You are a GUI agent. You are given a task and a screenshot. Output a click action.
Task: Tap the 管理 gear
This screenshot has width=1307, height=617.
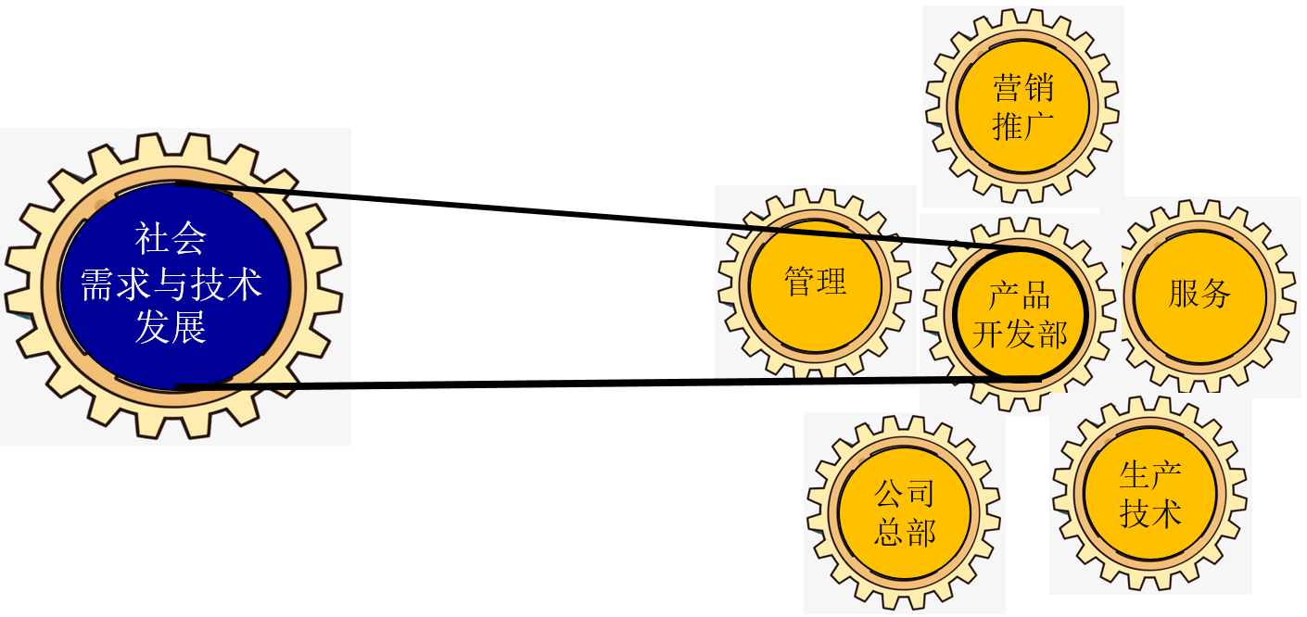tap(816, 282)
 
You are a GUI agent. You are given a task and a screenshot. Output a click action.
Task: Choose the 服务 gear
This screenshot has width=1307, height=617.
tap(1199, 294)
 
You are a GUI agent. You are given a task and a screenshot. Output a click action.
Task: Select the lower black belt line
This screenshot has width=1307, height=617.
tap(575, 383)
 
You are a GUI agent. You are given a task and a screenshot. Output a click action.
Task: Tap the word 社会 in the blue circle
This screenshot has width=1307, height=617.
tap(171, 239)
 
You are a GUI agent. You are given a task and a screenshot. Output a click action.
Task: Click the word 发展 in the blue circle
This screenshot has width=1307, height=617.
tap(171, 328)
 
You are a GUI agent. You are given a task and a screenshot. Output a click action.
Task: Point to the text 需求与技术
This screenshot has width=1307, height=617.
tap(171, 283)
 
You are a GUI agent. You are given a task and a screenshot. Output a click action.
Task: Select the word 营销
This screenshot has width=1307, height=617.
tap(1022, 90)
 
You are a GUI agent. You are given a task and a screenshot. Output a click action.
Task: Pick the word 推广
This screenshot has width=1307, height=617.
tap(1022, 126)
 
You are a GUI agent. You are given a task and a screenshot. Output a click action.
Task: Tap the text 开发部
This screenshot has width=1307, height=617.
tap(1020, 334)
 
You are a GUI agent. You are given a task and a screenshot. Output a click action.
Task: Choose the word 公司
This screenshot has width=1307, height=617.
tap(904, 495)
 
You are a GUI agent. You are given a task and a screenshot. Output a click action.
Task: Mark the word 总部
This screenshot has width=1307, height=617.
tap(904, 532)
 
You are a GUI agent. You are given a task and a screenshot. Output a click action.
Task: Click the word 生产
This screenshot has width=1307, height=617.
tap(1150, 476)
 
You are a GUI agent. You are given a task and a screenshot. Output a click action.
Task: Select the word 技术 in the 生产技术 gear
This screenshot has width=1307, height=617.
tap(1150, 513)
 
